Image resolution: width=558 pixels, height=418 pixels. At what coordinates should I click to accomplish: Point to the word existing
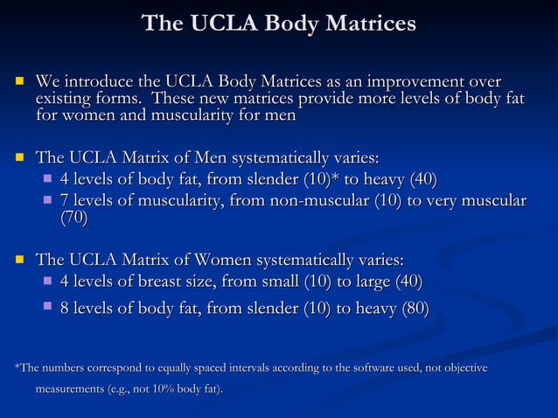click(63, 99)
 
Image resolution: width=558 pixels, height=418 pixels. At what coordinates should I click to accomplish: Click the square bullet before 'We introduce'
click(17, 83)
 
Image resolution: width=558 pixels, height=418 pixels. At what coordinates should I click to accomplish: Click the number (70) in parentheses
click(73, 218)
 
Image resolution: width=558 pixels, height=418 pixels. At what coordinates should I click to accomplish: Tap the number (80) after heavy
click(414, 308)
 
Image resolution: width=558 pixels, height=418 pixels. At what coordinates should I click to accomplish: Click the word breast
click(175, 282)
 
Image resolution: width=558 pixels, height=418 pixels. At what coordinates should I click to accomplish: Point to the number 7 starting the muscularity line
click(65, 201)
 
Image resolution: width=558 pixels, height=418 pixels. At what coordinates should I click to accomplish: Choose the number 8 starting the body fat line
click(65, 308)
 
